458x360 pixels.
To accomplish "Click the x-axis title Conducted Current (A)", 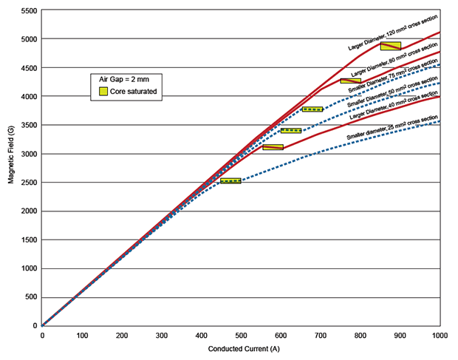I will click(242, 348).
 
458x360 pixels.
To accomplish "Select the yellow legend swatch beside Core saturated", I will click(105, 91).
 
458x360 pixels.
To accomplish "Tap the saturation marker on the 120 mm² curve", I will click(391, 46).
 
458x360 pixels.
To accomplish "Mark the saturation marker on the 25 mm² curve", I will click(230, 180).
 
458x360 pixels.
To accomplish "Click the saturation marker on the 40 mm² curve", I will click(273, 147).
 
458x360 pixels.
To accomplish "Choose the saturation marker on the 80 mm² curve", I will click(350, 81).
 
